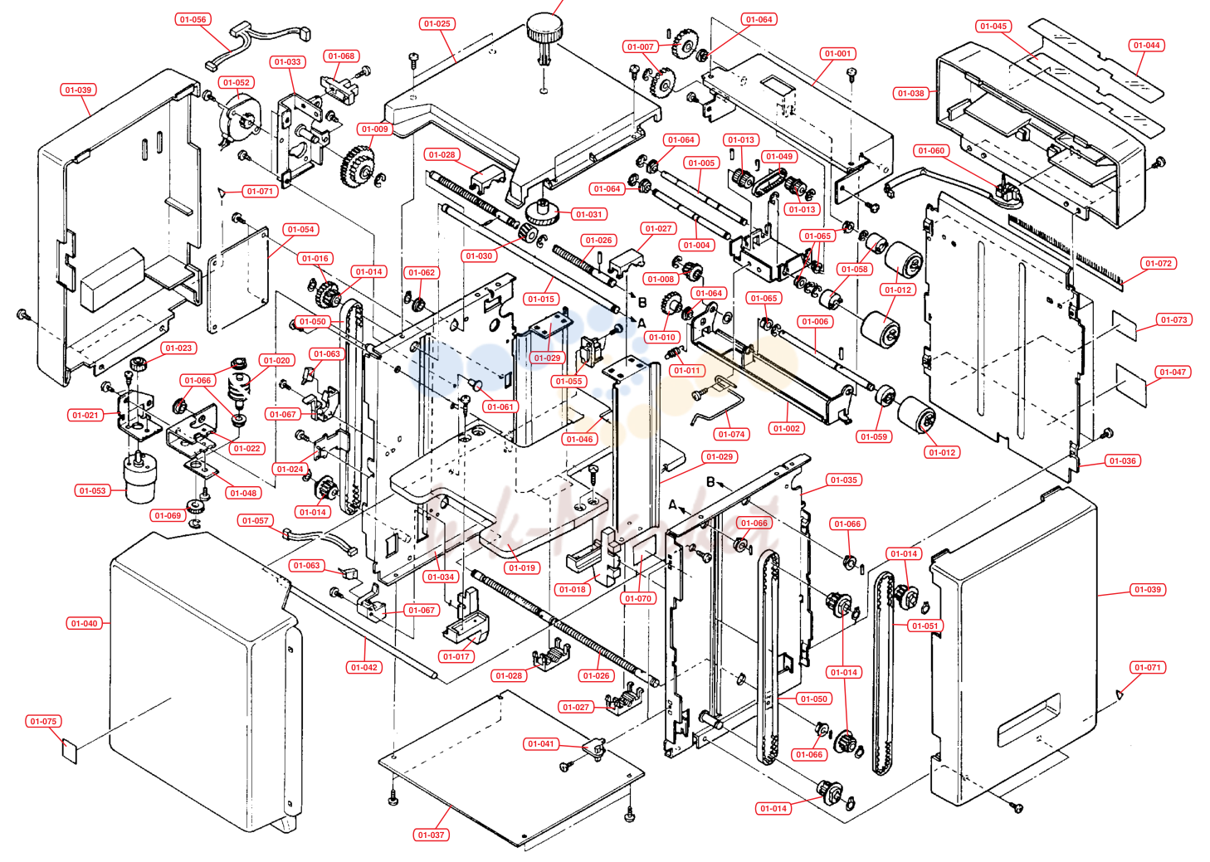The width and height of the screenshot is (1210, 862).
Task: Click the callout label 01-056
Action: click(193, 19)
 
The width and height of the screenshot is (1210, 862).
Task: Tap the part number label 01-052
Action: click(237, 83)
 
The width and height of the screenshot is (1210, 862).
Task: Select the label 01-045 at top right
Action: click(993, 26)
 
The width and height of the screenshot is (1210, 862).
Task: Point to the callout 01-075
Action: click(43, 721)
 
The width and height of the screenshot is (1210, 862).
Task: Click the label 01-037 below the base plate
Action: click(431, 835)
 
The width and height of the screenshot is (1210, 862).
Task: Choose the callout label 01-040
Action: click(85, 623)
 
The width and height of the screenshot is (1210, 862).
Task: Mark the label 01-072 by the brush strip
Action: click(1159, 263)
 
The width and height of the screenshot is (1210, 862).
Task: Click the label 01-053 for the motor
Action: click(92, 490)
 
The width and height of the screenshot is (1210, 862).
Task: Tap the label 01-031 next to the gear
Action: click(588, 214)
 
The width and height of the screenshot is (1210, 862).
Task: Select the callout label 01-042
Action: click(364, 668)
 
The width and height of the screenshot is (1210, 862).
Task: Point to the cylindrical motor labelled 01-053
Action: click(140, 478)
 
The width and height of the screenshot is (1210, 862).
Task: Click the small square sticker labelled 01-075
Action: click(70, 750)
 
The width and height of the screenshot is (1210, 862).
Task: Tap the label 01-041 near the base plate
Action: click(541, 743)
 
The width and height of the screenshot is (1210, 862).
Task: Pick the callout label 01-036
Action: click(1123, 460)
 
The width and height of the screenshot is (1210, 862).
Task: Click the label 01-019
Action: click(522, 567)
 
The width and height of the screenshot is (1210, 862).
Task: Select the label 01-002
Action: click(787, 428)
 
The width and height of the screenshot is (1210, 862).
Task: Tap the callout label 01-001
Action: click(838, 53)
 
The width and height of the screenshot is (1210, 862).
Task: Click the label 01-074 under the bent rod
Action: click(732, 434)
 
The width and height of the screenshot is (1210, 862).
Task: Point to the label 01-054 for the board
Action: click(301, 229)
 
